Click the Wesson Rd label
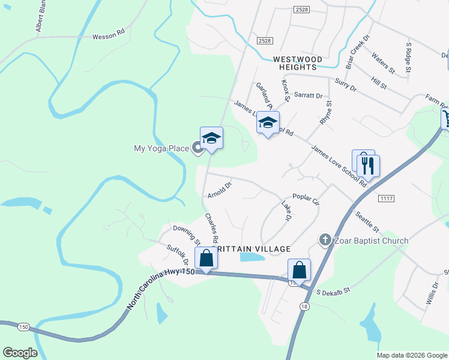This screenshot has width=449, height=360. [108, 37]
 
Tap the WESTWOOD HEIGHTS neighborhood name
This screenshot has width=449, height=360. [297, 59]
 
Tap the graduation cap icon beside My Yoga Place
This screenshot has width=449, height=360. [211, 139]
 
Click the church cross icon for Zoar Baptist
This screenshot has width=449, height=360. [325, 241]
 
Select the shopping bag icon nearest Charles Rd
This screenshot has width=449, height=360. [206, 259]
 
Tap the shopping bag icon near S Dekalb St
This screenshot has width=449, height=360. [299, 270]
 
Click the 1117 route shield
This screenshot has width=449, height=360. [385, 198]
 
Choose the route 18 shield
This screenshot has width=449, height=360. [304, 307]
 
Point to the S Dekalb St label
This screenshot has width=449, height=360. [333, 292]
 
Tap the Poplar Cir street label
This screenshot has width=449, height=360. [306, 197]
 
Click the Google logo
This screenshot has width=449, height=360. [20, 352]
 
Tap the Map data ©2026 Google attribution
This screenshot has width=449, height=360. [412, 355]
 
